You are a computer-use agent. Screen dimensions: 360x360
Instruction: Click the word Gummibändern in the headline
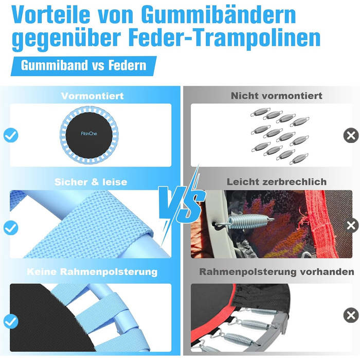(x=218, y=15)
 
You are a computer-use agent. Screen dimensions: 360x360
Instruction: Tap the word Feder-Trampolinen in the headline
(x=224, y=38)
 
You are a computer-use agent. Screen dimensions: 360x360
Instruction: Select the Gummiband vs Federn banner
(x=83, y=66)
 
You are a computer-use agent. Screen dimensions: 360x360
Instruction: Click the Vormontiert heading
(x=92, y=96)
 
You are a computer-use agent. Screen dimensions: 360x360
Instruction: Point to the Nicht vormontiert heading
(x=277, y=96)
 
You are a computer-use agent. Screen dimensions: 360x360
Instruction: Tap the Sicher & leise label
(x=91, y=182)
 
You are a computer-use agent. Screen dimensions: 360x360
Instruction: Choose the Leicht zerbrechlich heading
(x=277, y=182)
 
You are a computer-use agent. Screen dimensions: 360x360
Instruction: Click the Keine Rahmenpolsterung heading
(x=92, y=272)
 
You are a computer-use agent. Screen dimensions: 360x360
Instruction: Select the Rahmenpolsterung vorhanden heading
(x=277, y=272)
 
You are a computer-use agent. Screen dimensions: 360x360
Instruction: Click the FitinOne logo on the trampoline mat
(x=89, y=133)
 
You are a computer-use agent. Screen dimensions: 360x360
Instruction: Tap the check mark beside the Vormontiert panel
(x=11, y=135)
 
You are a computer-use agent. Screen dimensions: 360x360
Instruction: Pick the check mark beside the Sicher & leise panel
(x=11, y=227)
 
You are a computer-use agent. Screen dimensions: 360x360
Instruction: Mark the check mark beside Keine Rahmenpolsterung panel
(x=11, y=321)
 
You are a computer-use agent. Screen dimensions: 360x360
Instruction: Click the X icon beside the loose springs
(x=351, y=135)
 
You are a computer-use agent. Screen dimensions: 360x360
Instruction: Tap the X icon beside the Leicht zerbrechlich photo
(x=351, y=225)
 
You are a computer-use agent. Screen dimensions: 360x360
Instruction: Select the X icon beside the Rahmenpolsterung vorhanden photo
(x=351, y=315)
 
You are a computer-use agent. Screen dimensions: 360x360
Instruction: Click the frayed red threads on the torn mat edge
(x=303, y=218)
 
